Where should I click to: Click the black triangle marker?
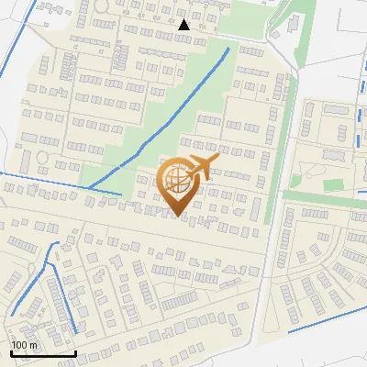(x=183, y=25)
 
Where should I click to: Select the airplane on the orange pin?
(x=201, y=168)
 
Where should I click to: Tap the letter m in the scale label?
(x=34, y=345)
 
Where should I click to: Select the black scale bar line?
(x=43, y=353)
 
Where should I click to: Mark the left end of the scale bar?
(x=11, y=353)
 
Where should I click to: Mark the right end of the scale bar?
(x=75, y=353)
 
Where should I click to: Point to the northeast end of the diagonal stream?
(x=228, y=48)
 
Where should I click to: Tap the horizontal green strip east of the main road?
(x=321, y=198)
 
